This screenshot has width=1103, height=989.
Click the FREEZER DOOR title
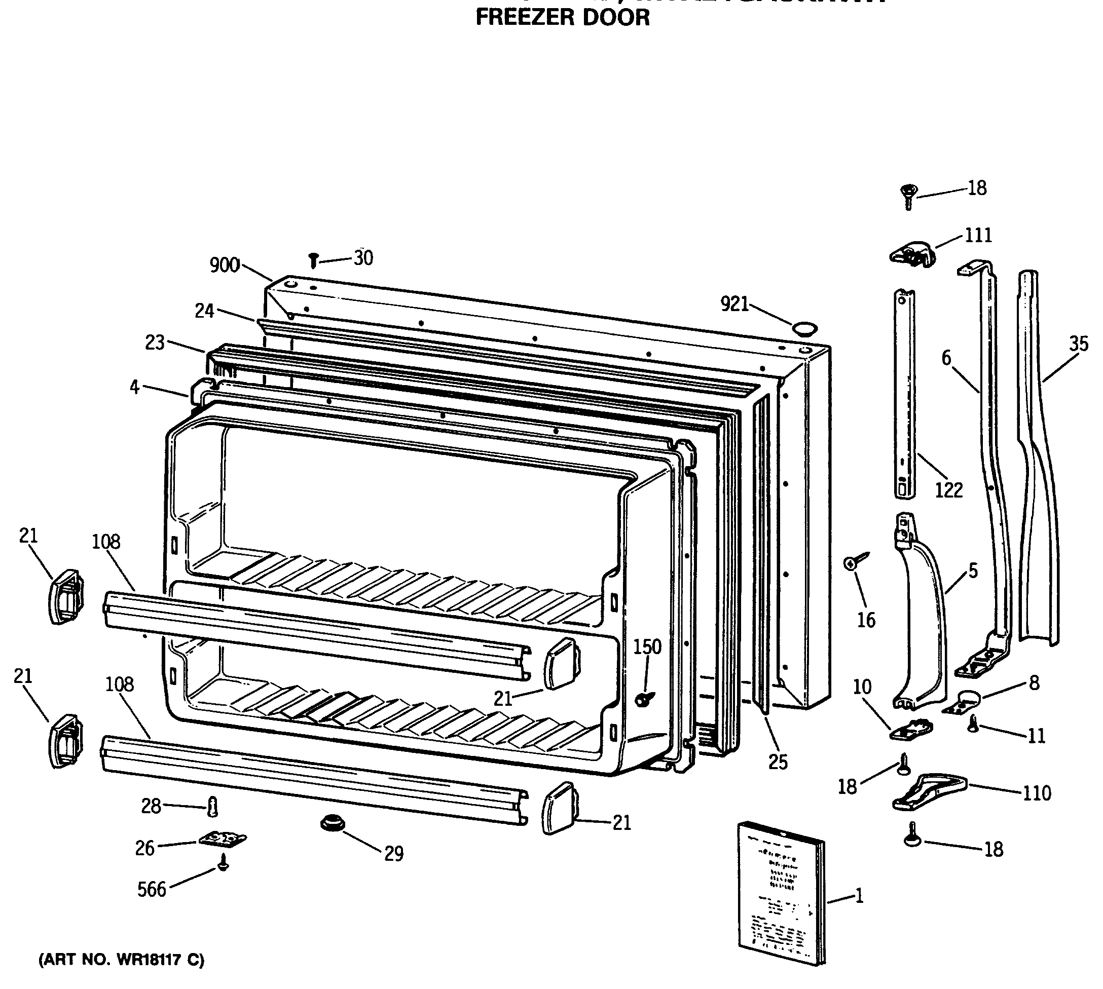coord(562,17)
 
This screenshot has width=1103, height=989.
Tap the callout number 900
coord(225,265)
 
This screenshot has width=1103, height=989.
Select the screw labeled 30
coord(313,260)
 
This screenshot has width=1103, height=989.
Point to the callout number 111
coord(978,235)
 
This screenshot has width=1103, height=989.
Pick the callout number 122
coord(948,490)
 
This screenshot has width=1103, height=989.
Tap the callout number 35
coord(1079,344)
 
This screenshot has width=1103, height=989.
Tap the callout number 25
coord(778,763)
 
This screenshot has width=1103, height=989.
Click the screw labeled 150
coord(644,699)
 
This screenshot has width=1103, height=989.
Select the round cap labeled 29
coord(332,823)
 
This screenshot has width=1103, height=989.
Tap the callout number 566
coord(152,890)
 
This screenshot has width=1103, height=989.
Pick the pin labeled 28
coord(212,807)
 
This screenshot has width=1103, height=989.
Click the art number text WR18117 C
coord(121,960)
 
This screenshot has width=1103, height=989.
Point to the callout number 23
coord(155,343)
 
